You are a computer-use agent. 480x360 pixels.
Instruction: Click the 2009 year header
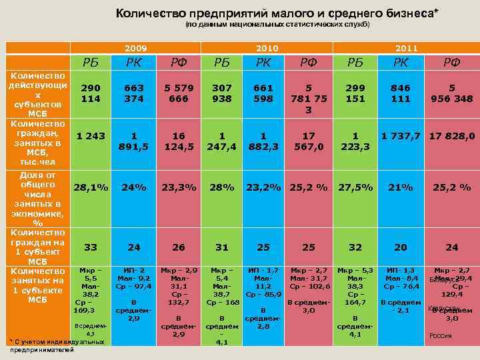click(136, 49)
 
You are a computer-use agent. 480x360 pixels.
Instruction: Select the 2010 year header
click(267, 49)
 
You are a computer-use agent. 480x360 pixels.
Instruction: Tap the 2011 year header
click(407, 49)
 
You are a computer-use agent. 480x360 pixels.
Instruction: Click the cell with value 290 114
click(91, 93)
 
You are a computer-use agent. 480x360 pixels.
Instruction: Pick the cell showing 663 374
click(134, 93)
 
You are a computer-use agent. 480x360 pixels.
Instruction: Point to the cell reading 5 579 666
click(178, 93)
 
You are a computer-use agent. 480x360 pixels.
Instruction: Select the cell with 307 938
click(222, 93)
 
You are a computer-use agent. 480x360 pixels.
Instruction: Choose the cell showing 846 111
click(400, 93)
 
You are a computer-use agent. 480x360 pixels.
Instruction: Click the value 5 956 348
click(451, 93)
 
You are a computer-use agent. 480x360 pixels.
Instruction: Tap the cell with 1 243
click(91, 136)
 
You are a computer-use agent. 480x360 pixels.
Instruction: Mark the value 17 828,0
click(451, 136)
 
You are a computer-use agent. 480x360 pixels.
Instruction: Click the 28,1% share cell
click(91, 187)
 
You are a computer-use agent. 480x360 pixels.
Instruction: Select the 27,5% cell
click(356, 187)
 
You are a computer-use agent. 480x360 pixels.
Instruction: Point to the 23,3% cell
click(178, 187)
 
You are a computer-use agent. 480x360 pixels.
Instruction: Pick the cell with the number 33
click(91, 247)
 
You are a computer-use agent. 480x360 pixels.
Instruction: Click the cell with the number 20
click(400, 247)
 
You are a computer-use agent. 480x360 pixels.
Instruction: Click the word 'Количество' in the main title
click(145, 13)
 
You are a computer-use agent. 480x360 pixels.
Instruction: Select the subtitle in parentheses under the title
click(277, 25)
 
